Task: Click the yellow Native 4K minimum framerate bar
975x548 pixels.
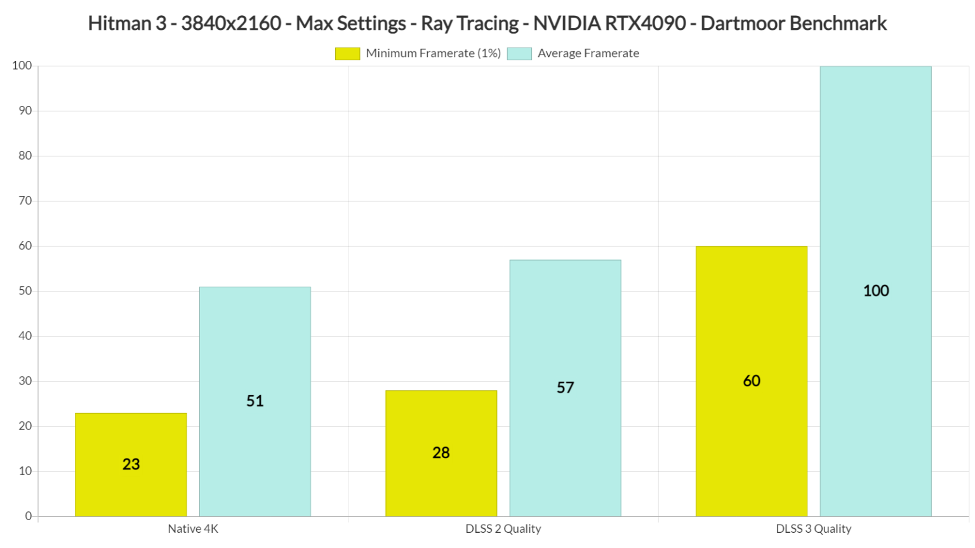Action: [131, 438]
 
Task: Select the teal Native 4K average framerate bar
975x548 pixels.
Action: [255, 355]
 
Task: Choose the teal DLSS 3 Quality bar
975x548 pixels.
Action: [875, 190]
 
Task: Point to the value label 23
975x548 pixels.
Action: [131, 464]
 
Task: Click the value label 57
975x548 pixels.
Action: [565, 388]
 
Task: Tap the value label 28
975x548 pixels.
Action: [441, 453]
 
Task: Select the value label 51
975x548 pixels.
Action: [255, 401]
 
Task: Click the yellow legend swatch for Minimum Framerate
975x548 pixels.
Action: [347, 54]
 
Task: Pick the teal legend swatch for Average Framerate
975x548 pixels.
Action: [519, 54]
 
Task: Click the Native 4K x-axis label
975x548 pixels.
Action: [193, 528]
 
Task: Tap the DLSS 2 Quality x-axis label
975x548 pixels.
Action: [503, 528]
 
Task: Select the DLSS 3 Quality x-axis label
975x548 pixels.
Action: [813, 528]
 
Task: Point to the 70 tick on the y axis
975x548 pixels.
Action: [25, 201]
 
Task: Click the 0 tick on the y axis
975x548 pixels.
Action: [28, 516]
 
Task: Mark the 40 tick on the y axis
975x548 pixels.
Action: [25, 336]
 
